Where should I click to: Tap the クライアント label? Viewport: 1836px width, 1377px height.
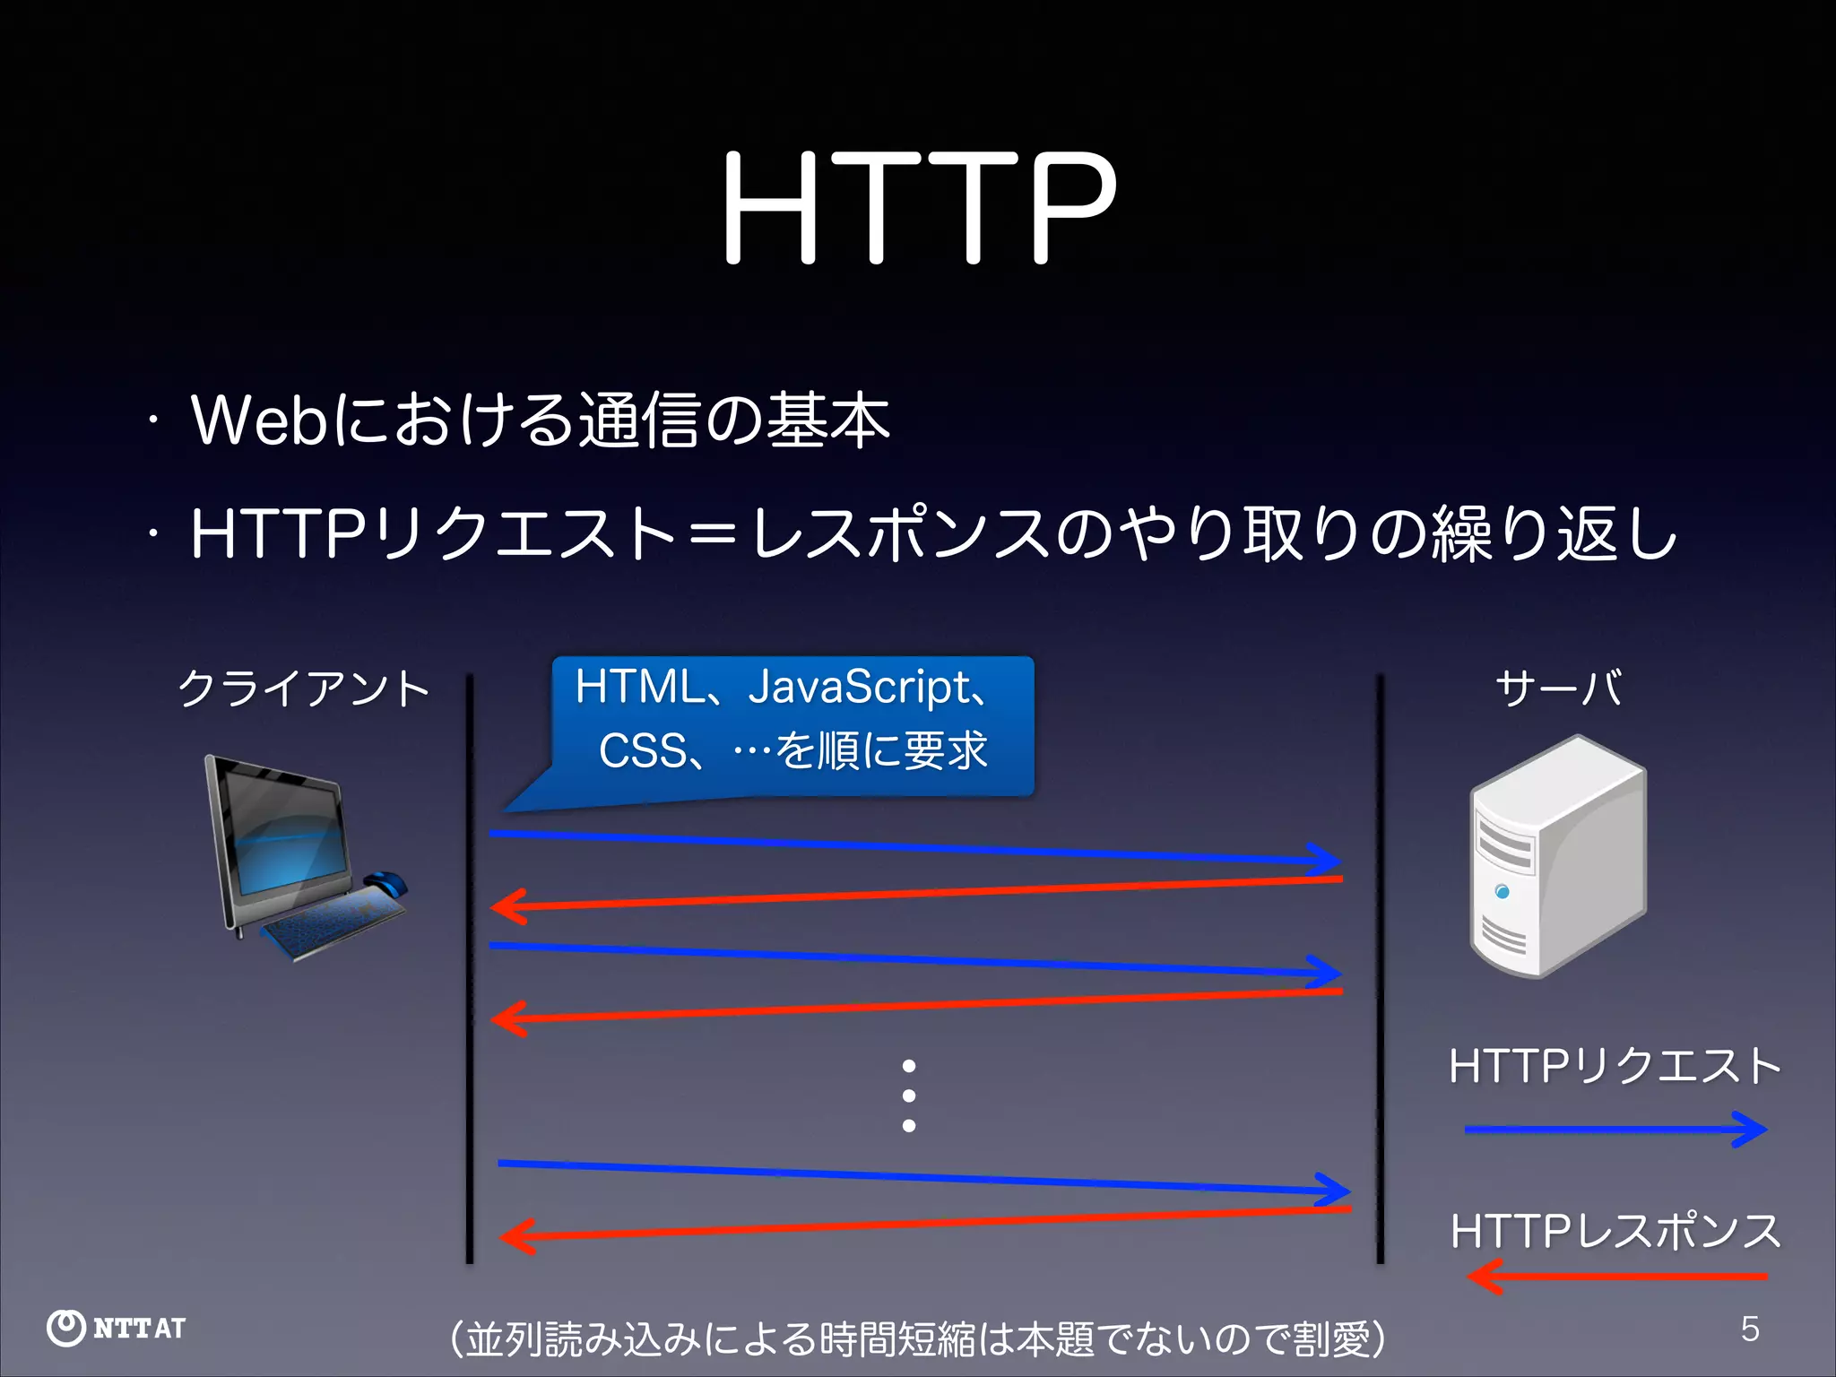pyautogui.click(x=304, y=688)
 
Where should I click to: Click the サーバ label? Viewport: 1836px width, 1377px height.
pyautogui.click(x=1558, y=688)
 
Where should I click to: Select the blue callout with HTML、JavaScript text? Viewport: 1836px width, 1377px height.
pyautogui.click(x=792, y=724)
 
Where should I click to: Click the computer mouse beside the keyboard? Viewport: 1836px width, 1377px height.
pyautogui.click(x=385, y=882)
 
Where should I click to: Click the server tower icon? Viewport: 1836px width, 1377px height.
pyautogui.click(x=1558, y=856)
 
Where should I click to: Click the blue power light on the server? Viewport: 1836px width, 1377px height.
pyautogui.click(x=1503, y=891)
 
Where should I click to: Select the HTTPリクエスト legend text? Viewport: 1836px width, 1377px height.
pyautogui.click(x=1615, y=1066)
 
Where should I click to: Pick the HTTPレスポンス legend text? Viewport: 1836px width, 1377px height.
pyautogui.click(x=1615, y=1231)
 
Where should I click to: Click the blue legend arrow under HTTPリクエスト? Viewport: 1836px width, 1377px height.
pyautogui.click(x=1615, y=1130)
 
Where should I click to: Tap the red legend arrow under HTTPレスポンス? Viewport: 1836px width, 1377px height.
pyautogui.click(x=1615, y=1276)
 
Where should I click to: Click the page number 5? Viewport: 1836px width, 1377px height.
pyautogui.click(x=1750, y=1329)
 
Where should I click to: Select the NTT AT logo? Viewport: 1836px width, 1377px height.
pyautogui.click(x=117, y=1328)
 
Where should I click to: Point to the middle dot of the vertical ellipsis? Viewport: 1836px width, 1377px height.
pyautogui.click(x=909, y=1096)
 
